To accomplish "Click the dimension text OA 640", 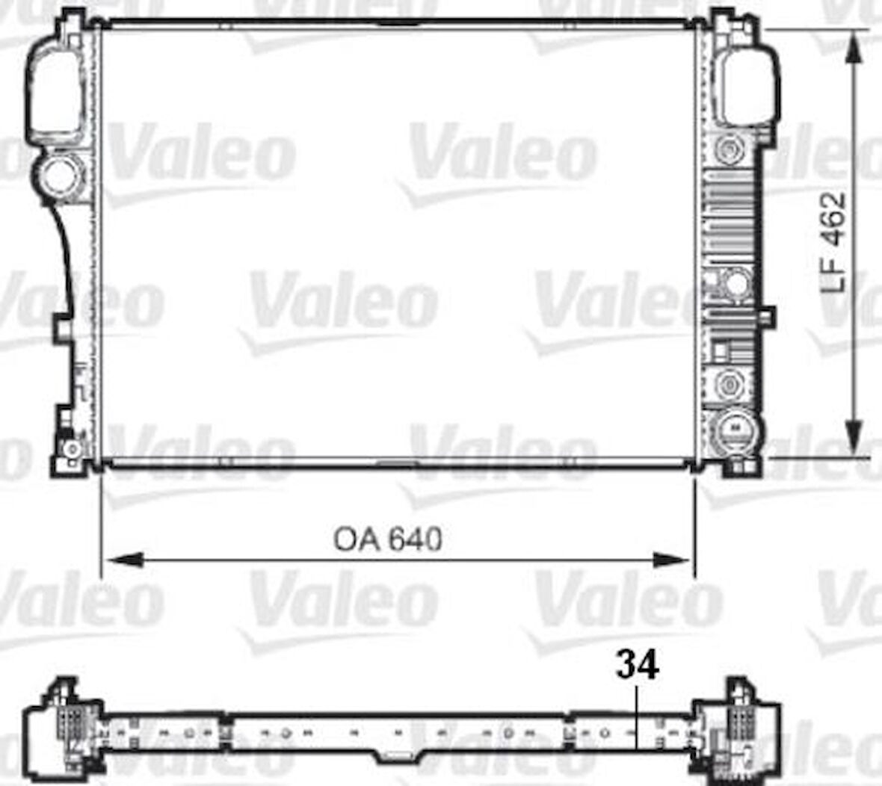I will click(x=387, y=539).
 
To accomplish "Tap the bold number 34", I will click(x=638, y=665).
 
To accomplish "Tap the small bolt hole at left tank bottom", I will click(x=73, y=450).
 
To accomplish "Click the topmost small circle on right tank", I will click(x=727, y=149).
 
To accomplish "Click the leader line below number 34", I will click(x=636, y=717).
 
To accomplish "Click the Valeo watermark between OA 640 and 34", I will click(x=344, y=601).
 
